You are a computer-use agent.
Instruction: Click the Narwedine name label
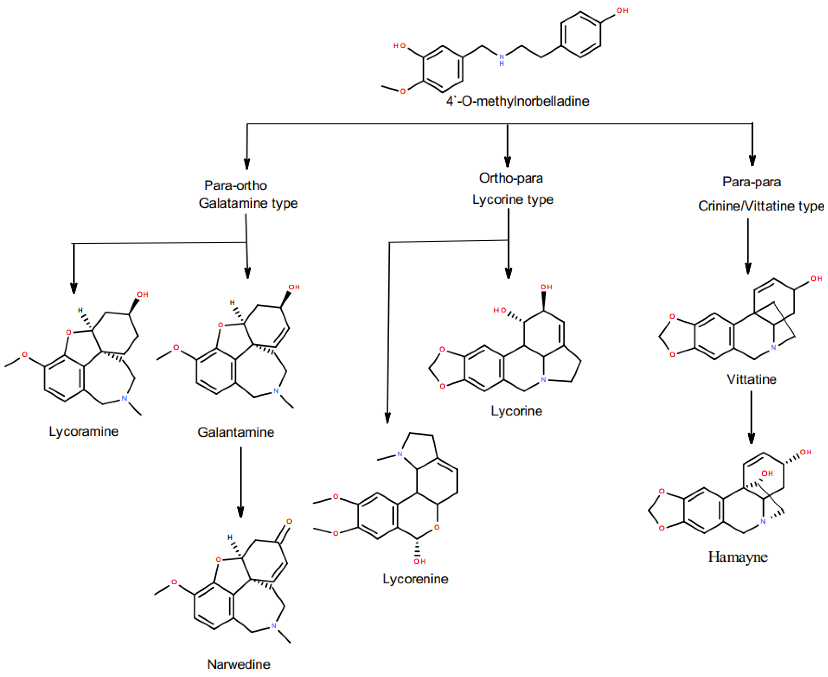[239, 664]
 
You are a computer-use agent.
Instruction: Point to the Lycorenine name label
[415, 579]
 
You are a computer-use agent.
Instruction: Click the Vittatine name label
[751, 380]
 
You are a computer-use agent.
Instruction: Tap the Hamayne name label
[737, 557]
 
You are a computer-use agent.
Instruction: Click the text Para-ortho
[235, 186]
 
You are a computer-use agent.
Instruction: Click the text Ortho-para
[511, 178]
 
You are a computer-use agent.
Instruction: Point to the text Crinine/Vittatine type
[761, 206]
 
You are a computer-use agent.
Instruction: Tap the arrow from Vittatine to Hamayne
[751, 417]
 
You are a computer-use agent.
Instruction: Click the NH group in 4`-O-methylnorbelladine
[501, 59]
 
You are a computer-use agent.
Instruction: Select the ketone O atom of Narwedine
[289, 522]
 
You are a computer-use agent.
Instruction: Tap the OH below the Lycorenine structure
[420, 562]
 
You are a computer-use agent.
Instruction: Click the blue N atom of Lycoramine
[124, 398]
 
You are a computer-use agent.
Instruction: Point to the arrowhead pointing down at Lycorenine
[387, 418]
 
